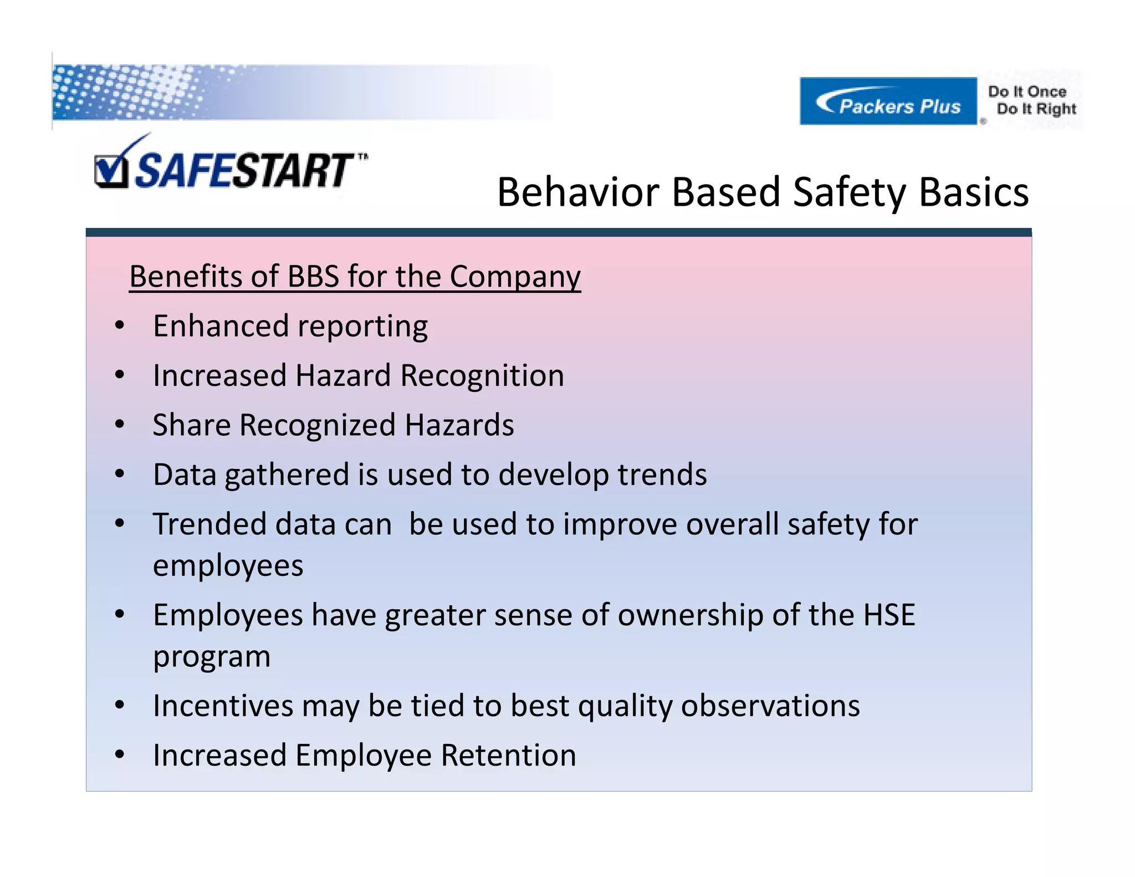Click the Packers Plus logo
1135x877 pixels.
pyautogui.click(x=888, y=101)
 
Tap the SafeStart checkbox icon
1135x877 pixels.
pyautogui.click(x=111, y=171)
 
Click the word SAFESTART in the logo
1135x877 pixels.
pyautogui.click(x=244, y=171)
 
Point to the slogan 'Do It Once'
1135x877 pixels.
pyautogui.click(x=1027, y=91)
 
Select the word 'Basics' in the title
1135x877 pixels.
pyautogui.click(x=974, y=192)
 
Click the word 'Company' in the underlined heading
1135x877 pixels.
pyautogui.click(x=515, y=276)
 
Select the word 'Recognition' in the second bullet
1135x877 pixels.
pyautogui.click(x=482, y=376)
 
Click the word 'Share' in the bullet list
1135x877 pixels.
pyautogui.click(x=192, y=425)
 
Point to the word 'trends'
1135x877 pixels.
pyautogui.click(x=662, y=475)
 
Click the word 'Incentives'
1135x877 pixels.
pyautogui.click(x=223, y=706)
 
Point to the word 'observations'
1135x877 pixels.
pyautogui.click(x=770, y=706)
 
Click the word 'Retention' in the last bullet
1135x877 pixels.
pyautogui.click(x=508, y=756)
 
